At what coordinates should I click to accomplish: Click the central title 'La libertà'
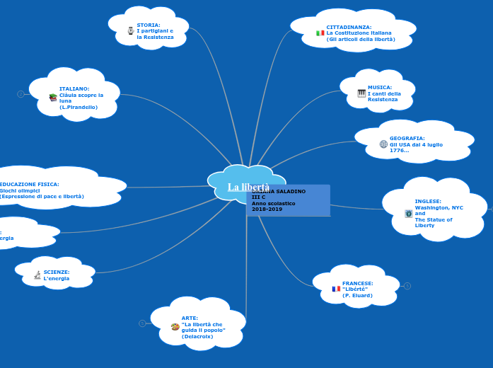(248, 187)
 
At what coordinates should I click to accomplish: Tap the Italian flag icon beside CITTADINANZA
(320, 33)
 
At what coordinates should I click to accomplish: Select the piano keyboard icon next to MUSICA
(361, 93)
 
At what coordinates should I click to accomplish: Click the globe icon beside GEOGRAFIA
(383, 144)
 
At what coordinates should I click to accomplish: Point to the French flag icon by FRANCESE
(336, 289)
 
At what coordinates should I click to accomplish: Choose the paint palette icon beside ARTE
(175, 327)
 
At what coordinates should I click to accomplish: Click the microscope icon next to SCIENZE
(37, 275)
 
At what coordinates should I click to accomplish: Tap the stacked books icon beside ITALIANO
(53, 98)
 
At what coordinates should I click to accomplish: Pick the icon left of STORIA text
(130, 31)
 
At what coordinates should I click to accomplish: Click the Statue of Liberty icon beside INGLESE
(408, 213)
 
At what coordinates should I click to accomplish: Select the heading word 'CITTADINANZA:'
(349, 27)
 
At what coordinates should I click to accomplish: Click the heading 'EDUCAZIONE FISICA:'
(29, 184)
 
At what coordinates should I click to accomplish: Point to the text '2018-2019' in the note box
(267, 209)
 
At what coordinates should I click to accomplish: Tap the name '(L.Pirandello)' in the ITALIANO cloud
(79, 108)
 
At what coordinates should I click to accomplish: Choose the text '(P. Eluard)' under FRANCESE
(357, 295)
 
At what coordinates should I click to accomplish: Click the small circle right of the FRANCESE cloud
(407, 286)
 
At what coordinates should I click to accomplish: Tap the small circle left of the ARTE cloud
(142, 323)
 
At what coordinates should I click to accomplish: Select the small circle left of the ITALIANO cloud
(21, 94)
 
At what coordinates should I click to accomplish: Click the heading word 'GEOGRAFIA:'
(407, 139)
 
